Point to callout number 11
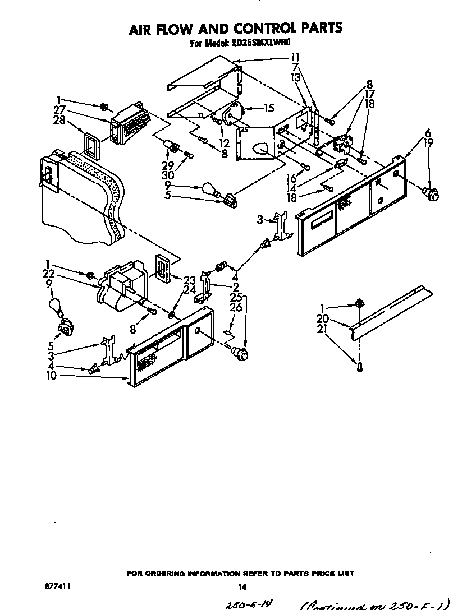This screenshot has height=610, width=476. click(295, 57)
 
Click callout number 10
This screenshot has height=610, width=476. click(51, 376)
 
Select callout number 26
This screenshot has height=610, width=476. click(236, 307)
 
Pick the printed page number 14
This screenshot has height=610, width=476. click(242, 586)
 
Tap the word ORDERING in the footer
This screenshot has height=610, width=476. click(170, 573)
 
